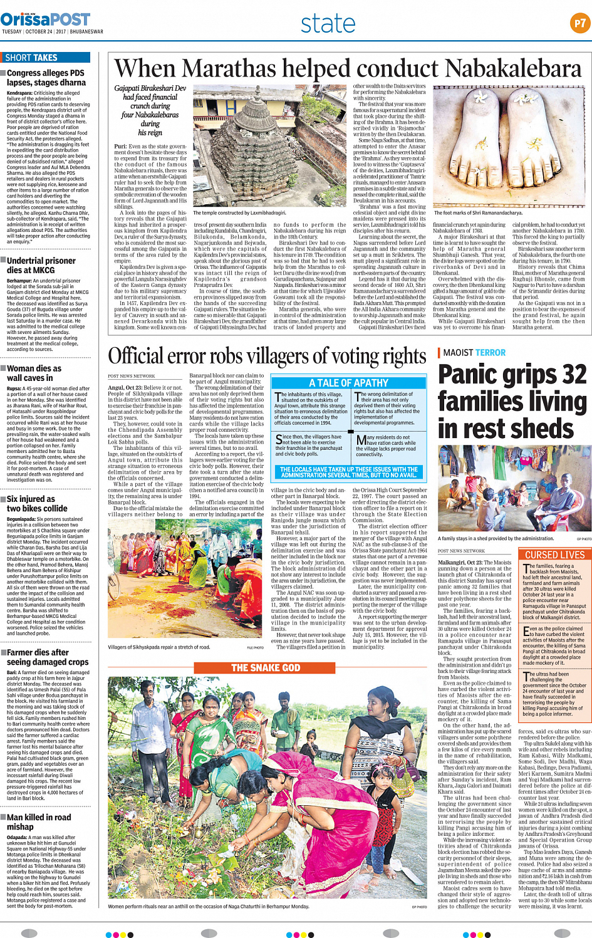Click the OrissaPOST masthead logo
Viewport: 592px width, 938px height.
pos(45,20)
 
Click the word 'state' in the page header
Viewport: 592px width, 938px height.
pos(328,24)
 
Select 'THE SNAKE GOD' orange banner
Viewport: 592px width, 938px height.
pos(266,668)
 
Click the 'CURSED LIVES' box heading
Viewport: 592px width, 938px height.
pos(554,555)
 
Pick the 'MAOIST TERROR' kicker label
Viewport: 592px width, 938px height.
pos(474,353)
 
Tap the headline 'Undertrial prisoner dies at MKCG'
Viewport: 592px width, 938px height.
pos(41,265)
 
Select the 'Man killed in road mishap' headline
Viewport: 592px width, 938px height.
pos(39,822)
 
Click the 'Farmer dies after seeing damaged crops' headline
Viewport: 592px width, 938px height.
pos(48,657)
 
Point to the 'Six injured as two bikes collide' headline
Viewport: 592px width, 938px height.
pos(37,504)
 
